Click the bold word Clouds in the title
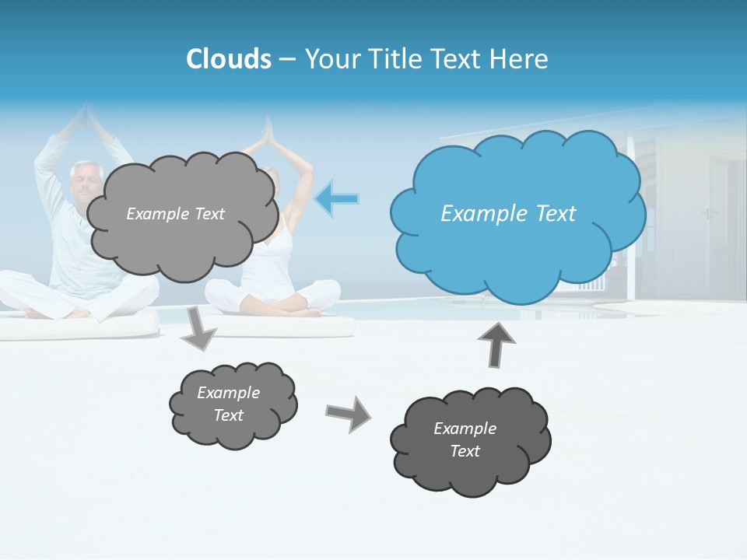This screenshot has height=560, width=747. pos(228,59)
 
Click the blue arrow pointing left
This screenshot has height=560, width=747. pos(338,198)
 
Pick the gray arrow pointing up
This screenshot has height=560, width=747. pos(497,345)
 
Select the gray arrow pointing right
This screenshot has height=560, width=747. pos(349,413)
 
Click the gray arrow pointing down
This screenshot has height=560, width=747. pos(198,327)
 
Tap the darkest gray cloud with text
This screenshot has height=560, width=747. pos(470,440)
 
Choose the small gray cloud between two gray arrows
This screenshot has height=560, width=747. pos(232,404)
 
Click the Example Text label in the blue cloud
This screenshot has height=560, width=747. pos(508,214)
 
